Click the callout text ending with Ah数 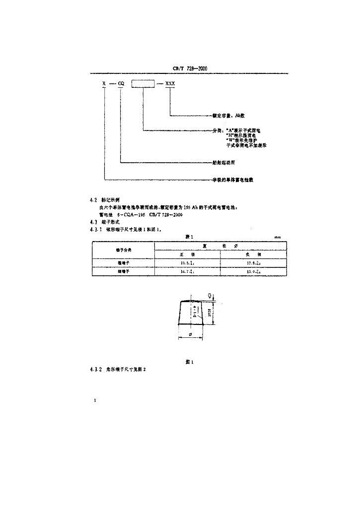click(x=228, y=116)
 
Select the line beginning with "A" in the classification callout click(x=243, y=130)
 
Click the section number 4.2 click(x=93, y=199)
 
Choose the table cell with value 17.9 click(x=254, y=262)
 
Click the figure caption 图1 click(x=188, y=362)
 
